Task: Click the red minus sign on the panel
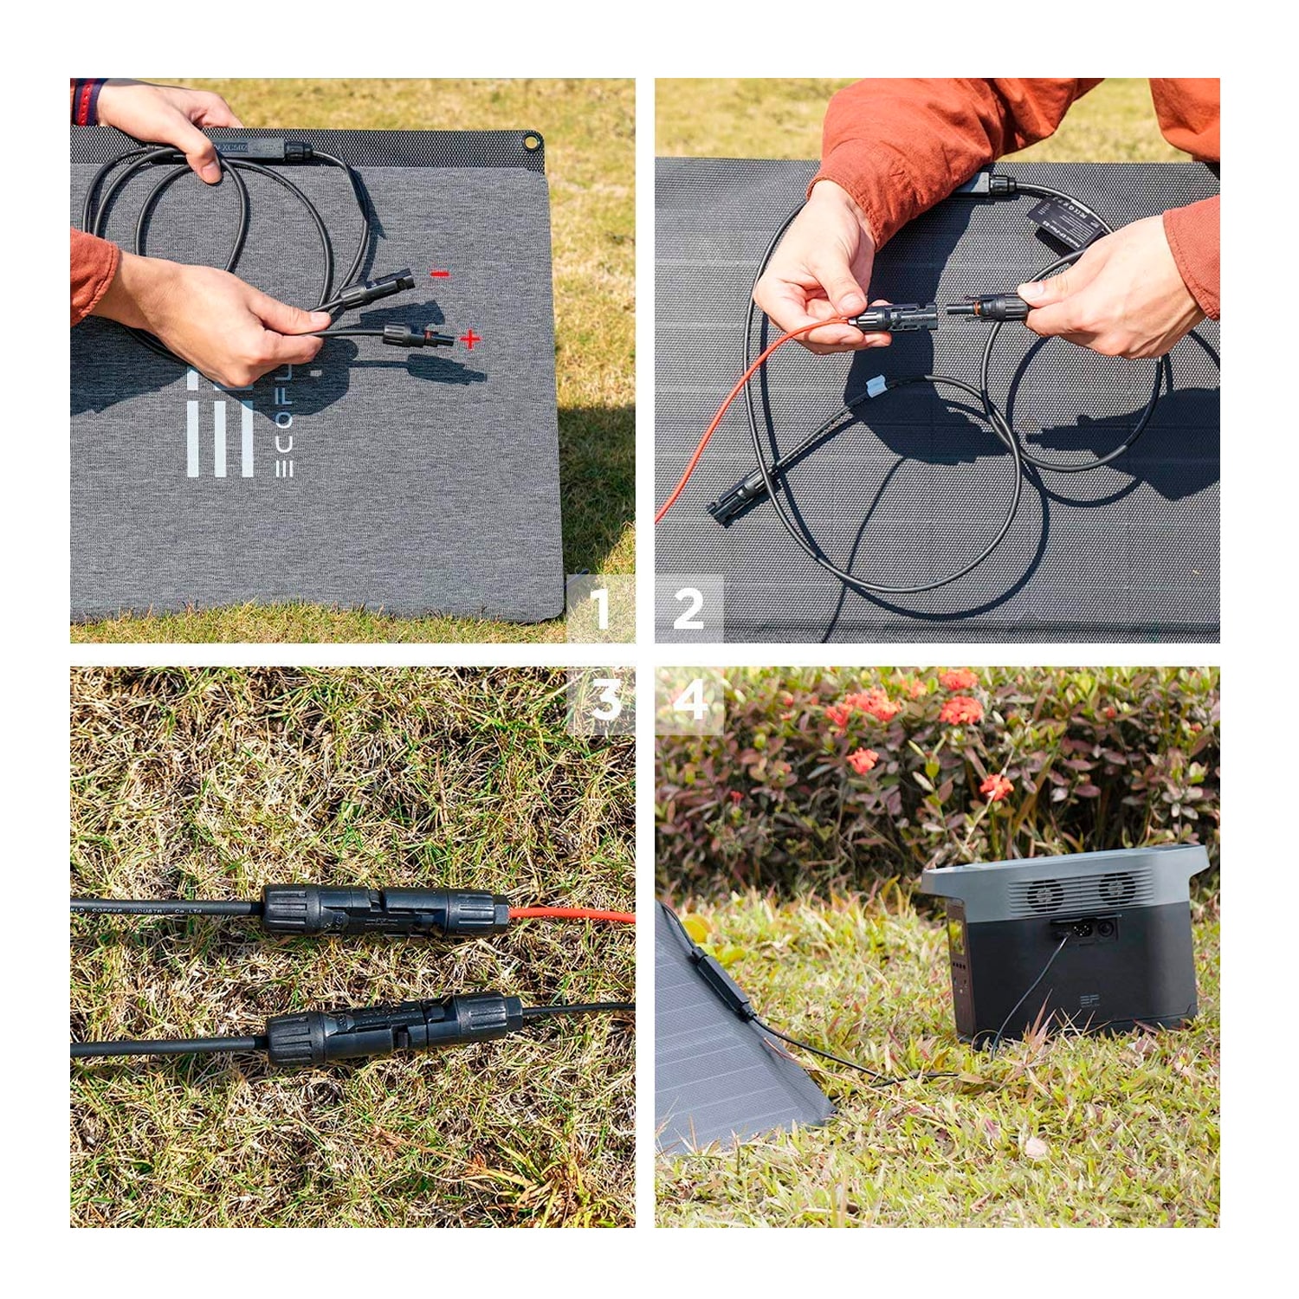pos(440,275)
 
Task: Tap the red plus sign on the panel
pos(469,339)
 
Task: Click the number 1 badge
pos(600,609)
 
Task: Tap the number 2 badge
pos(688,609)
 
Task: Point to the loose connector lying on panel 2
pos(736,499)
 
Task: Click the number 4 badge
pos(690,700)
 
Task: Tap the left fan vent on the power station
pos(1045,891)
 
